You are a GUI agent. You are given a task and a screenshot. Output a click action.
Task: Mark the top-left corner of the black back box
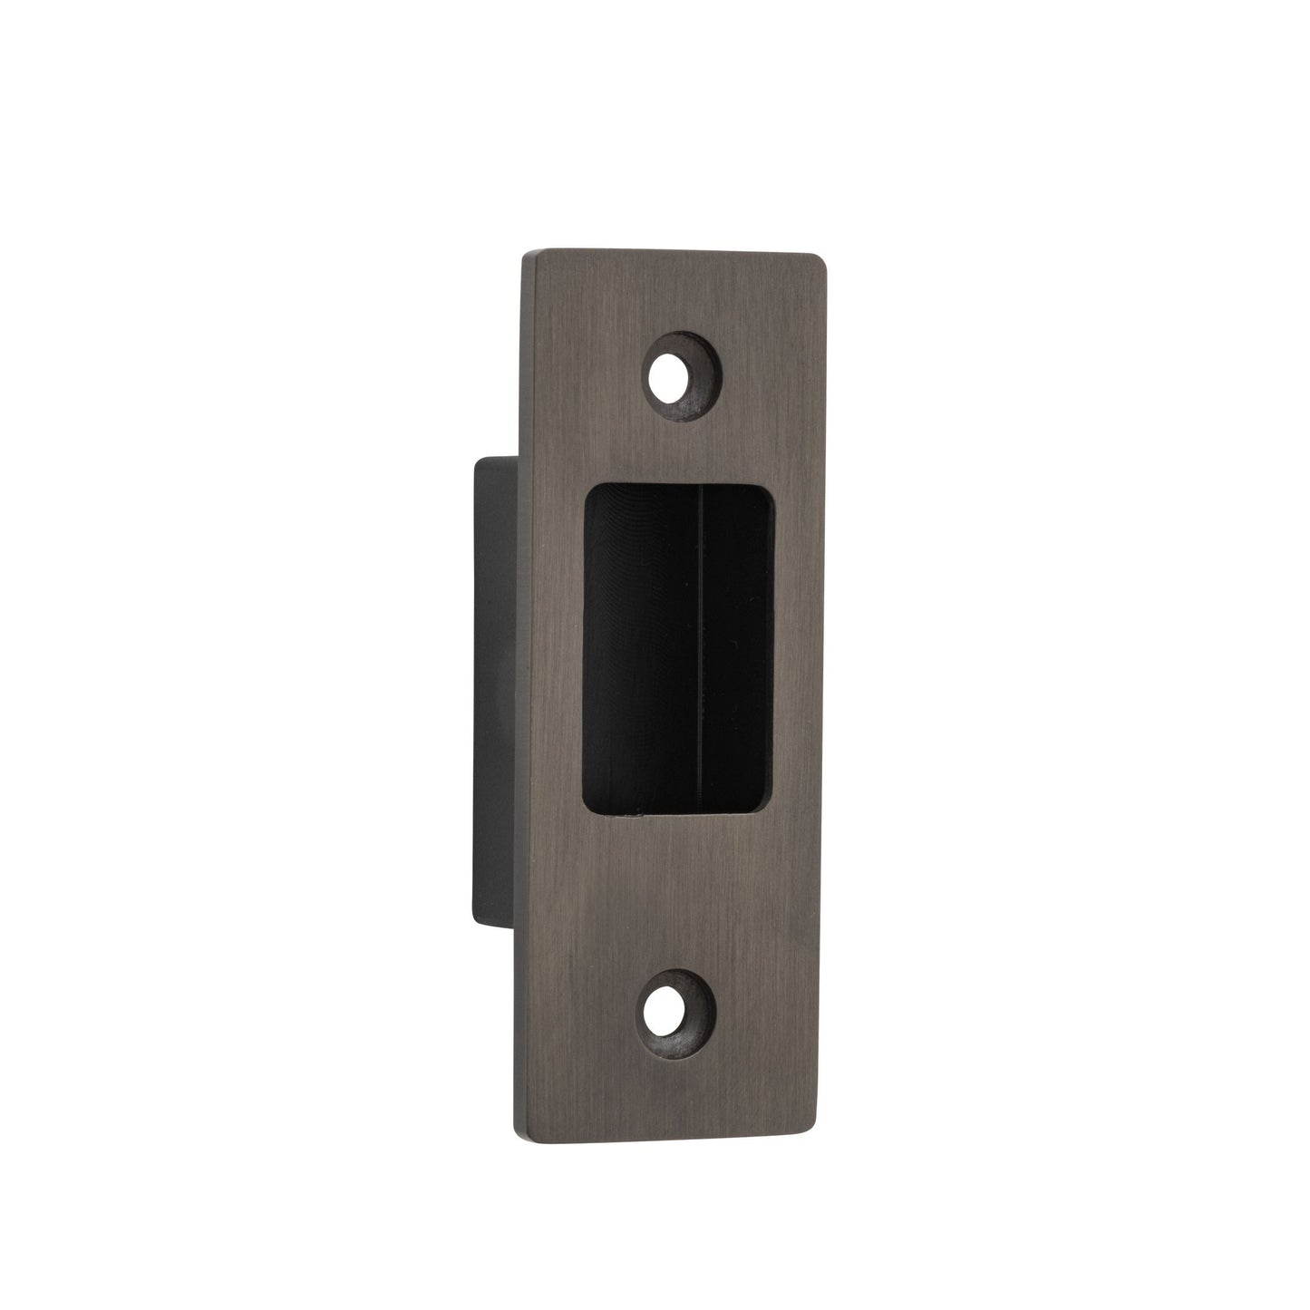(476, 460)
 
